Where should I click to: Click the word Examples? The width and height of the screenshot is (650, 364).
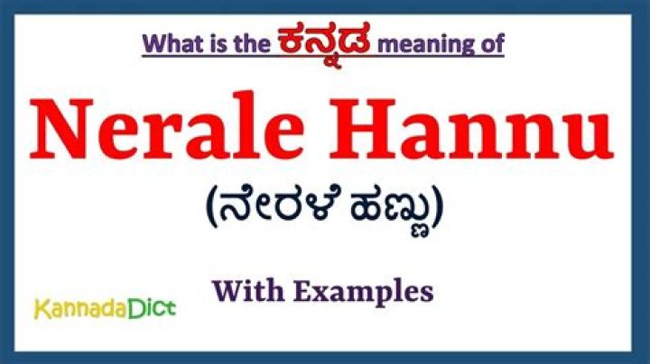pos(363,293)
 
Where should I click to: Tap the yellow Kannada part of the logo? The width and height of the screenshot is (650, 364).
pos(80,310)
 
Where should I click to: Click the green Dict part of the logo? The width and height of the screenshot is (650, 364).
pos(152,309)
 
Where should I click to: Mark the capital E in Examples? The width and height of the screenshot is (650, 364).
pos(304,291)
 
